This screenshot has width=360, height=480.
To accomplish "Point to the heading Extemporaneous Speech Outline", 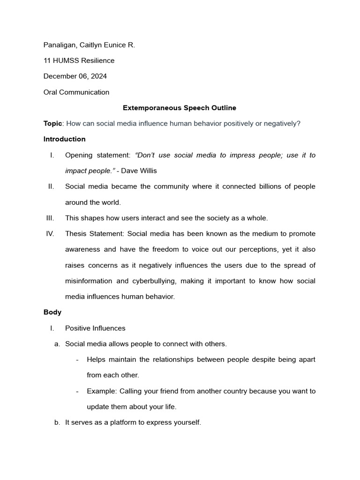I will click(x=180, y=108).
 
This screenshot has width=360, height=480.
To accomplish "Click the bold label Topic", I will click(x=52, y=124).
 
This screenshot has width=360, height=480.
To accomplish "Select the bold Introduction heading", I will click(x=64, y=139).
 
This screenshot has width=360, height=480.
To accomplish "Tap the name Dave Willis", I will click(x=142, y=171).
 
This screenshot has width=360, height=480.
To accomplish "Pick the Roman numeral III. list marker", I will click(x=50, y=218).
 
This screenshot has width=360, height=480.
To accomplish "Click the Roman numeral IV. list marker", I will click(x=50, y=234).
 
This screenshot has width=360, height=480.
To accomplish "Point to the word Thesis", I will click(x=75, y=234).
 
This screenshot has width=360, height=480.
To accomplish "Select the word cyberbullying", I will click(x=158, y=281).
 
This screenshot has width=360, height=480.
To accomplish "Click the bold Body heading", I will click(x=52, y=312).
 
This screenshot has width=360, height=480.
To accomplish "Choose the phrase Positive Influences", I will click(x=95, y=328).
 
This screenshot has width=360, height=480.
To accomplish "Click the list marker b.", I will click(x=57, y=423).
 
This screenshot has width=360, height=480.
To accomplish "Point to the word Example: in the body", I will click(x=102, y=391).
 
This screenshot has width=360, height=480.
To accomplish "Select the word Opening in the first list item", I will click(x=79, y=155).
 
